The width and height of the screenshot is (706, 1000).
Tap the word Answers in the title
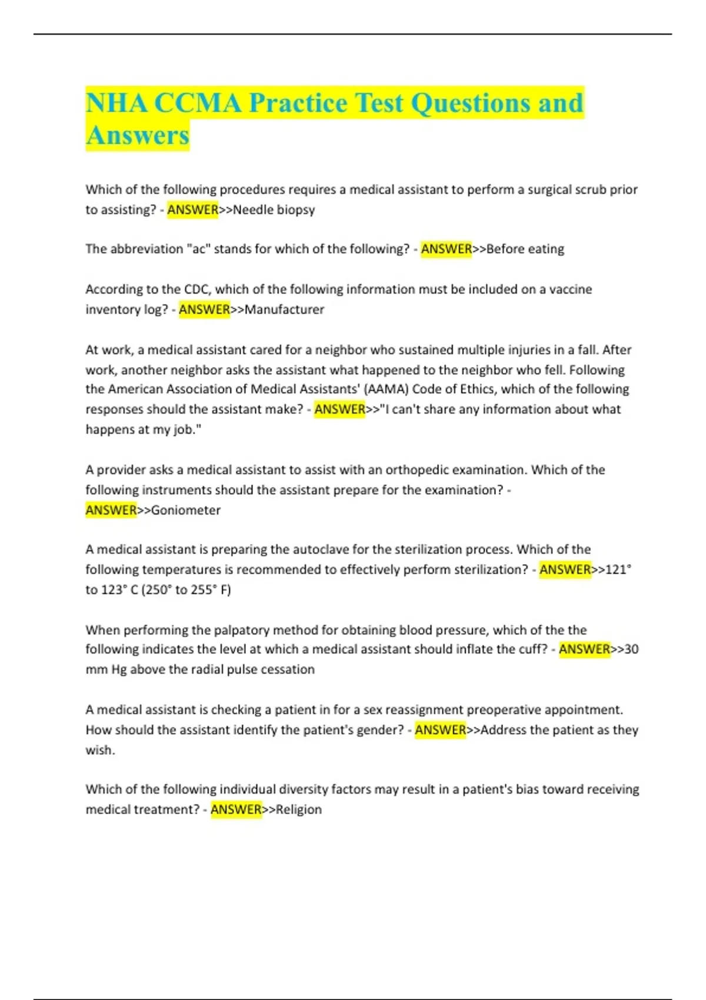pos(138,135)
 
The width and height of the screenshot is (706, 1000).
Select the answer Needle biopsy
pos(274,209)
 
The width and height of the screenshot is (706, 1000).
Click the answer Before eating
pos(525,249)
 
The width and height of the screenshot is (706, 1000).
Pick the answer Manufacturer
pos(284,309)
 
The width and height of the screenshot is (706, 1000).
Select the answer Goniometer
pos(186,510)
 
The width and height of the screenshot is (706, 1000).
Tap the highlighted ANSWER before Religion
pos(236,809)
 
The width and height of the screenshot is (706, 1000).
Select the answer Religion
pos(299,809)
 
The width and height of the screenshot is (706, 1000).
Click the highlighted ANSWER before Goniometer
pos(111,510)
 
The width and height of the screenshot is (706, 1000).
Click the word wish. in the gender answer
pos(100,750)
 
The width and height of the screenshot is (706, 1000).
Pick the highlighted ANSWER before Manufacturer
pos(204,309)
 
